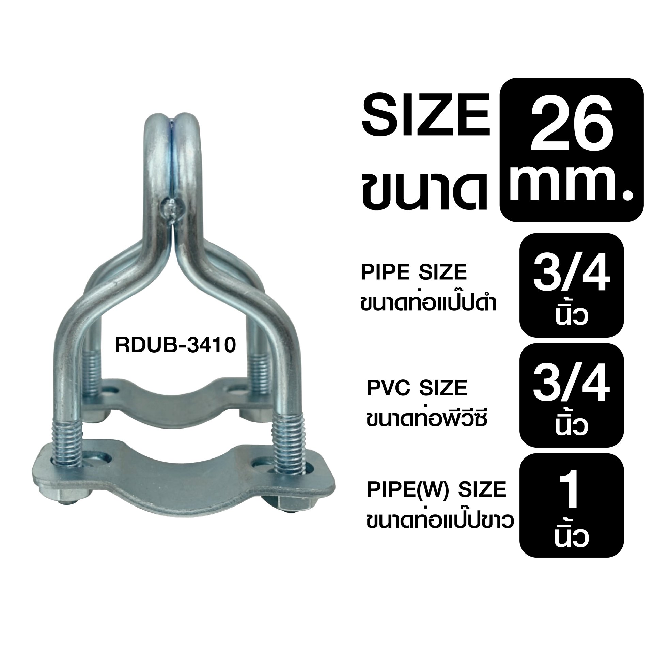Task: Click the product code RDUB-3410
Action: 176,345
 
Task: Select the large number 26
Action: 567,125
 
